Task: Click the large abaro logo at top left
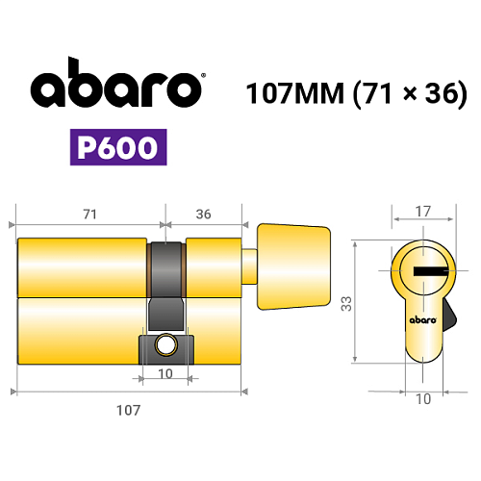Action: (x=116, y=83)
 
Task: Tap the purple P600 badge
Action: (x=118, y=147)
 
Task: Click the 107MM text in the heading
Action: (x=295, y=93)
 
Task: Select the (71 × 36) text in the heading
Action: (x=410, y=93)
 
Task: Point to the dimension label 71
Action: (x=89, y=215)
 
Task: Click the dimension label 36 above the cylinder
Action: (x=203, y=215)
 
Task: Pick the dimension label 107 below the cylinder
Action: (x=128, y=410)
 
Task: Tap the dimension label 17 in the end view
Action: (x=422, y=212)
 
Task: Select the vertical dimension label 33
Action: (x=346, y=304)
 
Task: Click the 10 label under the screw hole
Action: (x=165, y=374)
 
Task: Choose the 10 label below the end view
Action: (x=423, y=399)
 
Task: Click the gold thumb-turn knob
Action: (x=293, y=266)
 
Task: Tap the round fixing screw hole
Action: (x=165, y=345)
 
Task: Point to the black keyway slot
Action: (x=430, y=271)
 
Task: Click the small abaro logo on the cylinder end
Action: (x=423, y=319)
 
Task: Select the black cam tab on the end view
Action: (x=449, y=315)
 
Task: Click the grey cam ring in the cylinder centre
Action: (x=166, y=269)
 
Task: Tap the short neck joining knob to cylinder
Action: (x=249, y=266)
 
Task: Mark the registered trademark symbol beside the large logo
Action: (x=203, y=75)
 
